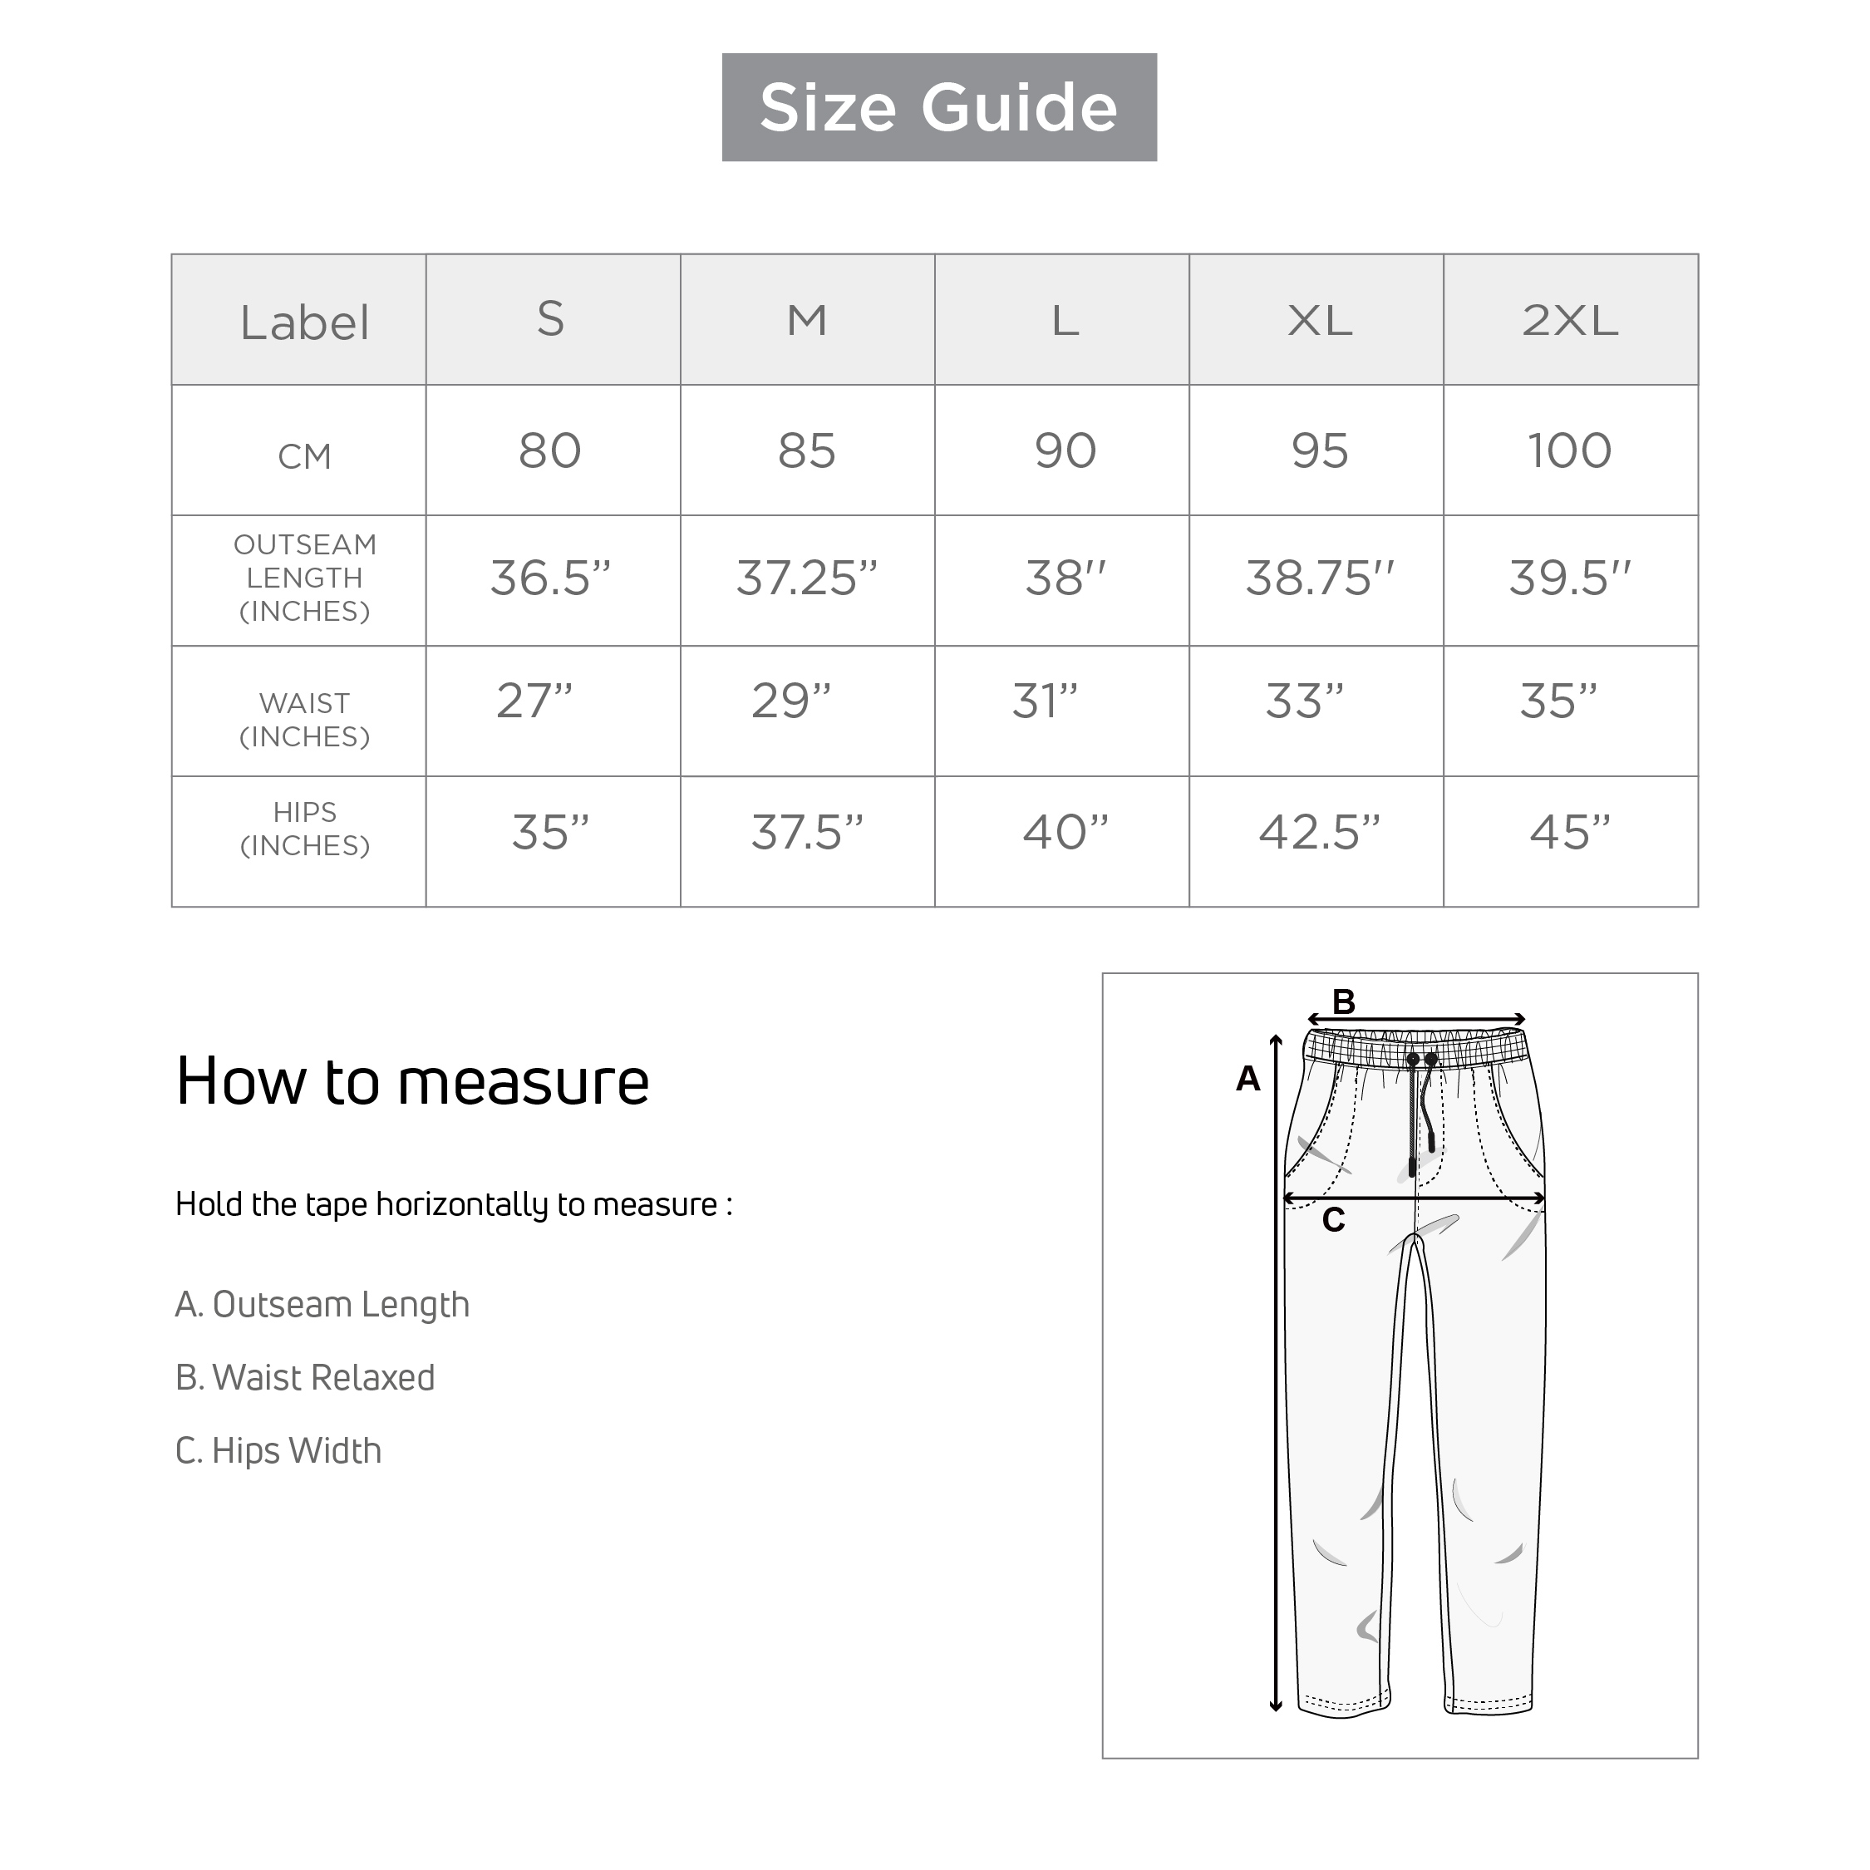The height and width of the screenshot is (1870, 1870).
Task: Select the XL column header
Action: pyautogui.click(x=1319, y=320)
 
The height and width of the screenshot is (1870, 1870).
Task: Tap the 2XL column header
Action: pyautogui.click(x=1569, y=320)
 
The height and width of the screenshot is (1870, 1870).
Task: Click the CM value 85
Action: pyautogui.click(x=806, y=451)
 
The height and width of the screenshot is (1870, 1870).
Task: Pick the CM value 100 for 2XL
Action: pyautogui.click(x=1569, y=451)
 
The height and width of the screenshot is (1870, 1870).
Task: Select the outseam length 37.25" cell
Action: pyautogui.click(x=806, y=578)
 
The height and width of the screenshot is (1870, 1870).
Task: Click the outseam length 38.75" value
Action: pyautogui.click(x=1318, y=578)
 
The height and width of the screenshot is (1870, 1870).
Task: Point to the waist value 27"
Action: pyautogui.click(x=534, y=701)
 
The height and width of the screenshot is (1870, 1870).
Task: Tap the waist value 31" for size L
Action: pyautogui.click(x=1045, y=701)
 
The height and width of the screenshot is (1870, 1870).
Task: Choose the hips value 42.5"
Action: pyautogui.click(x=1318, y=831)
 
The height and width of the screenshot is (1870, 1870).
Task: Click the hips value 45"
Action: pyautogui.click(x=1569, y=831)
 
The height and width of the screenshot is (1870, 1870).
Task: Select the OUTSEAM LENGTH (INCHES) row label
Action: pyautogui.click(x=304, y=578)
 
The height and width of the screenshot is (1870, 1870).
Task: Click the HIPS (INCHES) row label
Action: pyautogui.click(x=304, y=829)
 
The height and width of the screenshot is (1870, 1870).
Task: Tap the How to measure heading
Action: pyautogui.click(x=412, y=1081)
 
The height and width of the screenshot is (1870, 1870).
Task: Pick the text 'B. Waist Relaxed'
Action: pyautogui.click(x=305, y=1377)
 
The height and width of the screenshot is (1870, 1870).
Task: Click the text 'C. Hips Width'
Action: pyautogui.click(x=278, y=1450)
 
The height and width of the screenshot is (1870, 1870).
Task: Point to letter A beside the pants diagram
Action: pyautogui.click(x=1247, y=1078)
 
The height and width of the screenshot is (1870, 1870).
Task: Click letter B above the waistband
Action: pyautogui.click(x=1343, y=1001)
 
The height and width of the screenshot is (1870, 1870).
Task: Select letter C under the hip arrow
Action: pyautogui.click(x=1333, y=1221)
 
